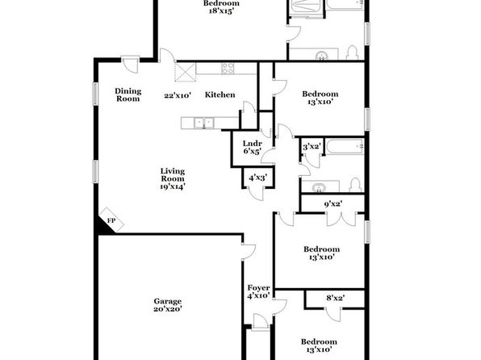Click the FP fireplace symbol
point(111,220)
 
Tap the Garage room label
point(168,301)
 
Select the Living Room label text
point(173,175)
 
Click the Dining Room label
point(128,94)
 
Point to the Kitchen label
point(220,94)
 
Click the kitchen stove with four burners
point(228,69)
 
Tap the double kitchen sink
point(204,123)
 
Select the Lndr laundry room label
point(252,144)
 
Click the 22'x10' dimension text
point(178,95)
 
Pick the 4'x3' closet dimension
point(258,178)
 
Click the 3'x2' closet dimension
point(312,147)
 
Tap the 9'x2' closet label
point(333,203)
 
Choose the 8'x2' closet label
point(335,298)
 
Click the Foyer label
point(258,288)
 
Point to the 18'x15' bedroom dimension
point(221,11)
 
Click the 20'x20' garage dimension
point(168,309)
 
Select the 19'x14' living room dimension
point(173,186)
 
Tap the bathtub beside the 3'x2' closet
point(345,147)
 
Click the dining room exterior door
point(131,65)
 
